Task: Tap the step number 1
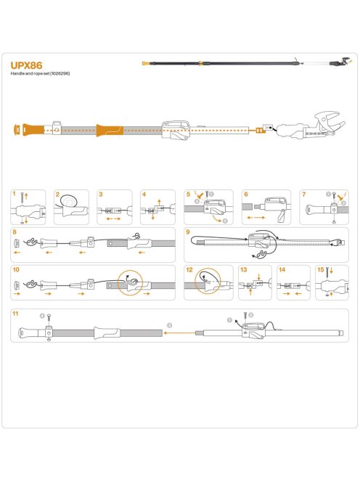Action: click(x=15, y=194)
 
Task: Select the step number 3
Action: click(x=101, y=194)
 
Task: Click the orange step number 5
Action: click(x=188, y=194)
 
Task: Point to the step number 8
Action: click(x=15, y=232)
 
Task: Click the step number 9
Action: click(x=188, y=232)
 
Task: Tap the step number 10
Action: click(x=15, y=269)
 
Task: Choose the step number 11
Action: click(x=15, y=313)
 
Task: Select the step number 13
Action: click(x=243, y=269)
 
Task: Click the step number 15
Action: click(x=320, y=269)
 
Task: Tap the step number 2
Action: click(x=57, y=194)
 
